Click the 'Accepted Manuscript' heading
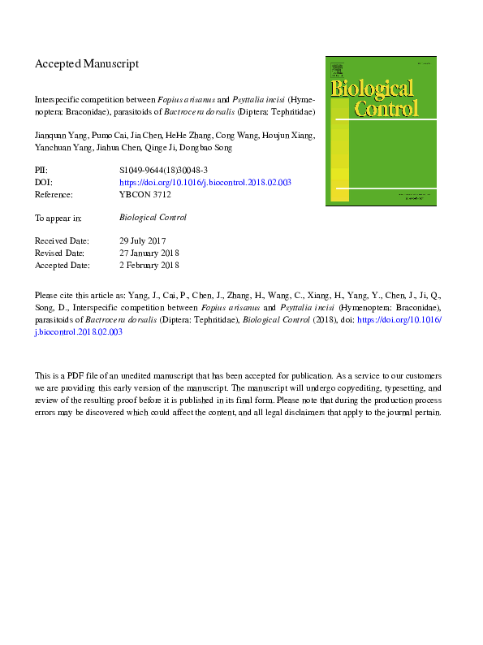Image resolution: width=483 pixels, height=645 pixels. point(87,63)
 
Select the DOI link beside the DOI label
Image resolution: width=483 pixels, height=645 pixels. point(205,183)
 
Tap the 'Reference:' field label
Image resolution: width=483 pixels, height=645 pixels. point(54,195)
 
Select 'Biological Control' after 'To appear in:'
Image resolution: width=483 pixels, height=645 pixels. point(153,218)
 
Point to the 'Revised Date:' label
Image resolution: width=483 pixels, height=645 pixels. point(59,253)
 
